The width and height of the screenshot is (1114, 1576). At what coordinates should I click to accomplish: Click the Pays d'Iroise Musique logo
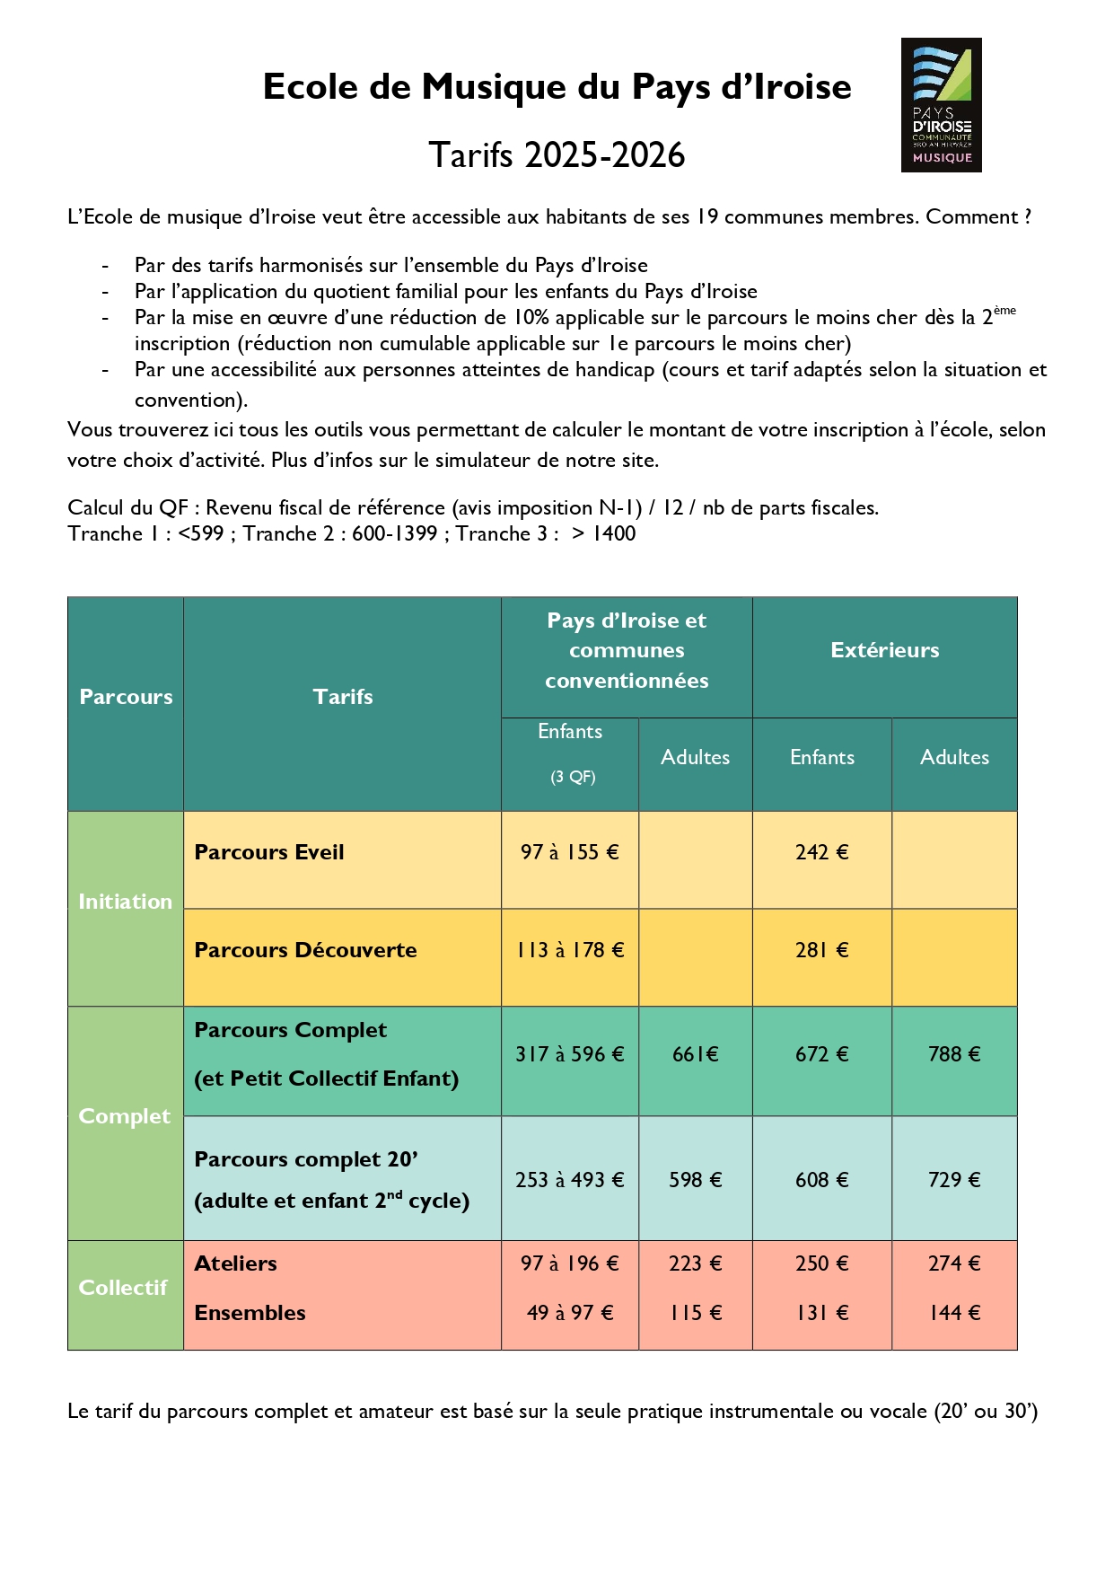point(941,105)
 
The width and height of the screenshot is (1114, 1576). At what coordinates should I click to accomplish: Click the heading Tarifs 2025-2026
point(557,155)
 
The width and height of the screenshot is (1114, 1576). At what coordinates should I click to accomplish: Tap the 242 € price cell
point(821,852)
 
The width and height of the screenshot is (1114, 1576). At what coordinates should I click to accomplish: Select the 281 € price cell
point(821,950)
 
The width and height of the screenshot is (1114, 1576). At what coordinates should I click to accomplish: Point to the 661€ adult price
point(696,1054)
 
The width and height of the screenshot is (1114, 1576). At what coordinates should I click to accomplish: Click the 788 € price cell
point(954,1054)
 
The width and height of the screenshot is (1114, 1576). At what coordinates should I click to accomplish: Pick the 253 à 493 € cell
point(569,1180)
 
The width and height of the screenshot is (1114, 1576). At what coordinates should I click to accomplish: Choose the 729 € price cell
point(954,1180)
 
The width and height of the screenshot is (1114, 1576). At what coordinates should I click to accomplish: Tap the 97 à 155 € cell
point(569,852)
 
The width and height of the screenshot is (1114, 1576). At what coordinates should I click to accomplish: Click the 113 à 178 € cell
point(569,950)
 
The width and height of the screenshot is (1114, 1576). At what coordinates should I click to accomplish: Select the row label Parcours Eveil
point(269,852)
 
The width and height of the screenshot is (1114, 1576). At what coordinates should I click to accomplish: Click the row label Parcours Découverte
point(305,950)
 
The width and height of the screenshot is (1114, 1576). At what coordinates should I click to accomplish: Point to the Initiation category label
point(125,902)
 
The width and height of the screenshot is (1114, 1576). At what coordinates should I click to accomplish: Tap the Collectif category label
point(123,1288)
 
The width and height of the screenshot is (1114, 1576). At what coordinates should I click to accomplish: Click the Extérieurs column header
point(884,650)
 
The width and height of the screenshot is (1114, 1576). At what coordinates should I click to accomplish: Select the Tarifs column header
point(343,697)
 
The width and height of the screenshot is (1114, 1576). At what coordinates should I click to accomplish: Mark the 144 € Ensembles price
point(954,1313)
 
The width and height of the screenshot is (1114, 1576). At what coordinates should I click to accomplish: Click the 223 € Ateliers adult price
point(696,1263)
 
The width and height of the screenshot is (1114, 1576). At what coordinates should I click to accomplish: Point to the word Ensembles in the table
point(250,1313)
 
